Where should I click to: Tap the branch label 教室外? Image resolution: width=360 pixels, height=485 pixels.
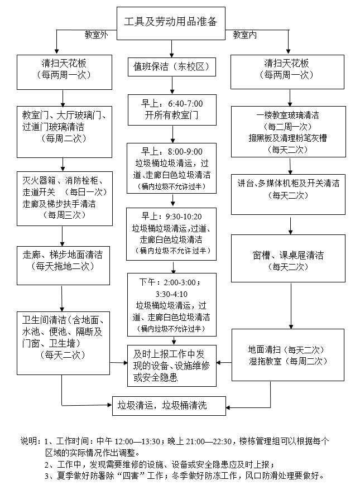95,35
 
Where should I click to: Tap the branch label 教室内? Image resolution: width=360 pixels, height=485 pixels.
246,35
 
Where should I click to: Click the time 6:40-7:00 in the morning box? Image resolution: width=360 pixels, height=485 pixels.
185,104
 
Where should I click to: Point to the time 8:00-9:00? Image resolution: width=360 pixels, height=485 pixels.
185,152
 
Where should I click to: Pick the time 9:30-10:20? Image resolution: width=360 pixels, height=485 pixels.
184,217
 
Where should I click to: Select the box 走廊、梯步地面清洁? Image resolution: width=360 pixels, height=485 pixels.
62,260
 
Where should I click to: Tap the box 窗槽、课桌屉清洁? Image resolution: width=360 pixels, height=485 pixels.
288,261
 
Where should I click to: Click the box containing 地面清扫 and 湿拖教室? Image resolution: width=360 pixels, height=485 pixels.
287,356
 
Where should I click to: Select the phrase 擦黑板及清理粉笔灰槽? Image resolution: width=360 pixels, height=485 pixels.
287,137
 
